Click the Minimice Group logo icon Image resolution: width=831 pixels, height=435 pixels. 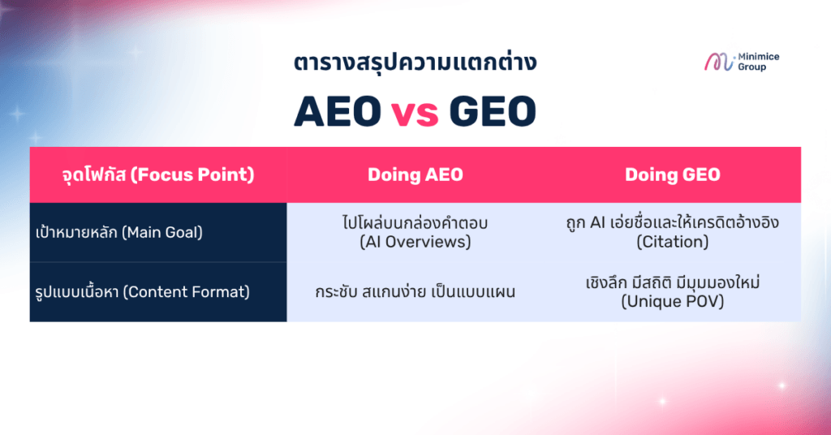pyautogui.click(x=719, y=62)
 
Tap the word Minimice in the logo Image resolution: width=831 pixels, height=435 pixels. pyautogui.click(x=759, y=57)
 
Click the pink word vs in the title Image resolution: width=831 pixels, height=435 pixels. pyautogui.click(x=415, y=112)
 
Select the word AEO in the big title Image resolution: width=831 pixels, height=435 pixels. pyautogui.click(x=338, y=111)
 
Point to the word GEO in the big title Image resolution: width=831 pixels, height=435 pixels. pyautogui.click(x=493, y=111)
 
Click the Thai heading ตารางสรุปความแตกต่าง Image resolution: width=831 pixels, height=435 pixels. pyautogui.click(x=415, y=62)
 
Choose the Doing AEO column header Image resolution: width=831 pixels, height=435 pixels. pyautogui.click(x=415, y=174)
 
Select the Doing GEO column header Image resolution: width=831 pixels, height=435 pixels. pyautogui.click(x=673, y=174)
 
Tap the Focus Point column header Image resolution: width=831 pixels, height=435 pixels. pyautogui.click(x=158, y=174)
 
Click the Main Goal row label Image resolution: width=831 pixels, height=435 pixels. pyautogui.click(x=119, y=232)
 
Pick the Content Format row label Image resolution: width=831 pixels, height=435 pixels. pyautogui.click(x=142, y=292)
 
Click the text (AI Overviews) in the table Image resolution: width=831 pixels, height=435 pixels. pyautogui.click(x=415, y=242)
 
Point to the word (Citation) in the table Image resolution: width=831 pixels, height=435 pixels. pyautogui.click(x=673, y=242)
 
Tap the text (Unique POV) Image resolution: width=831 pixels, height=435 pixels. pyautogui.click(x=673, y=301)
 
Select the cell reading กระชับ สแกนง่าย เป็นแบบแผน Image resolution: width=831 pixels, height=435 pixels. pyautogui.click(x=415, y=292)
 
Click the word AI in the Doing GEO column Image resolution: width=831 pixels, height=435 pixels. pyautogui.click(x=597, y=223)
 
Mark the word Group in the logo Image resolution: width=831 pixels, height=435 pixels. pyautogui.click(x=752, y=67)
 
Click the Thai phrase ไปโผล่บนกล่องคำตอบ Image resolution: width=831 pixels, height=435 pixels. pyautogui.click(x=415, y=222)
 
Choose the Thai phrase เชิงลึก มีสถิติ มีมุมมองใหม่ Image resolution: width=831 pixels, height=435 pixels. pyautogui.click(x=673, y=282)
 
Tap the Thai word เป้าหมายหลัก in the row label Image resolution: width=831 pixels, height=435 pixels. pyautogui.click(x=76, y=232)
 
